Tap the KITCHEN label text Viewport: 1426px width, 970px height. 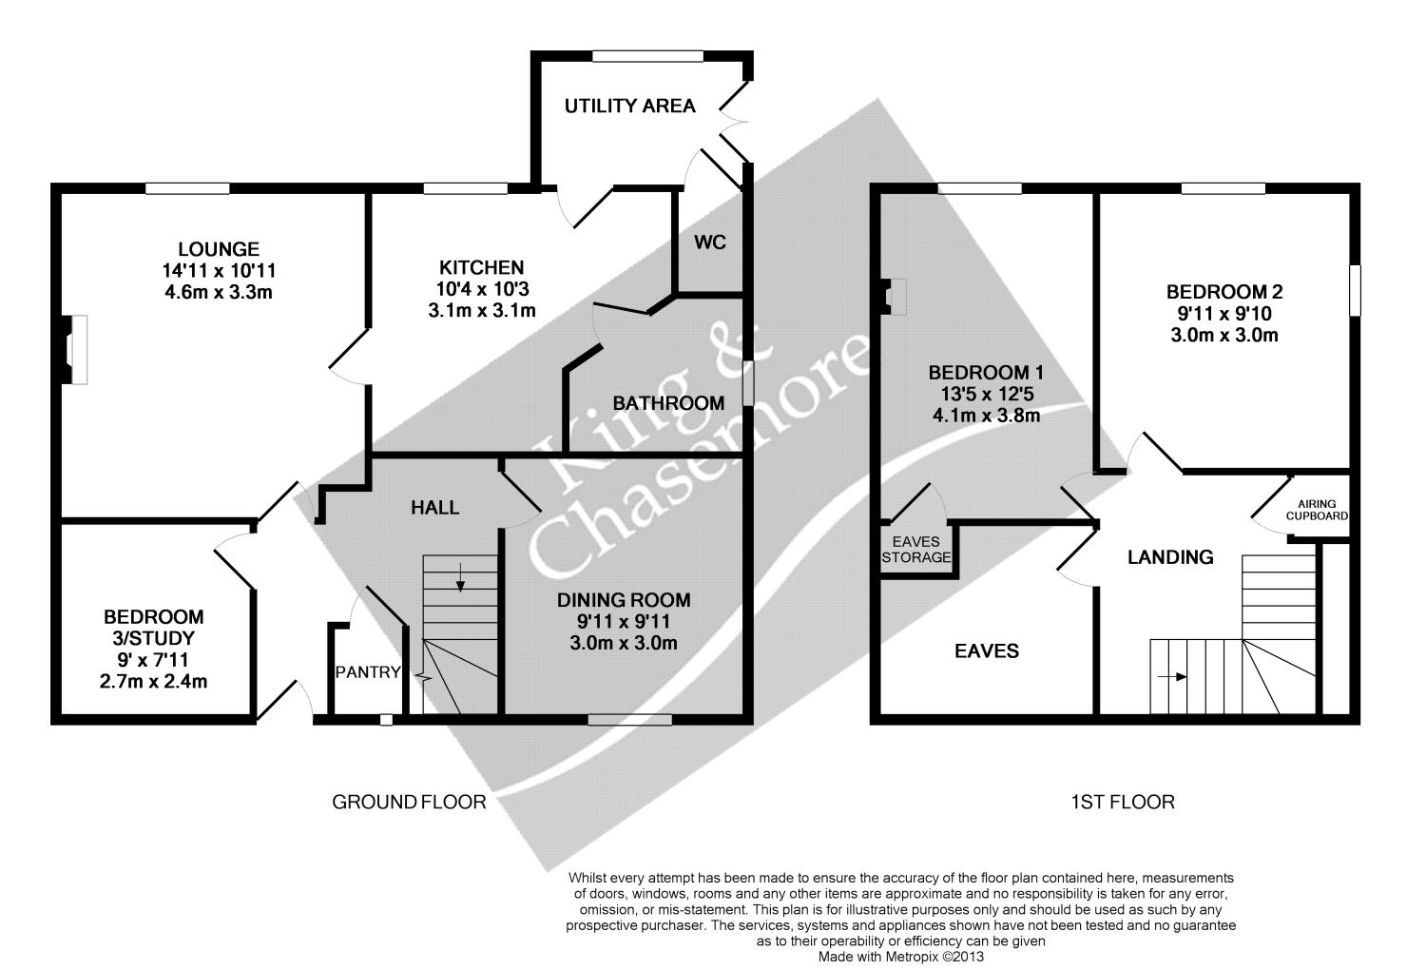(481, 267)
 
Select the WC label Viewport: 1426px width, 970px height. (709, 242)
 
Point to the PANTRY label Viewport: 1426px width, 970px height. (368, 672)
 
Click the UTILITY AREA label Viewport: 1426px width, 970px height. (629, 106)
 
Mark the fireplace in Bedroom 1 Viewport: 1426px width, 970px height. (893, 296)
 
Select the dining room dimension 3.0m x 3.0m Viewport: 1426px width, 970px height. (624, 643)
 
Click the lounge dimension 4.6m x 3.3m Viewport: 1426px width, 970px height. (219, 292)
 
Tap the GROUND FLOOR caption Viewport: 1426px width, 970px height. (409, 802)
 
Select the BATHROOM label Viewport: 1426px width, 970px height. (668, 403)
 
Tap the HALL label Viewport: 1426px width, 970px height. (435, 508)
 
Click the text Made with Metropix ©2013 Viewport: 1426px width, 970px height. (901, 956)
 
